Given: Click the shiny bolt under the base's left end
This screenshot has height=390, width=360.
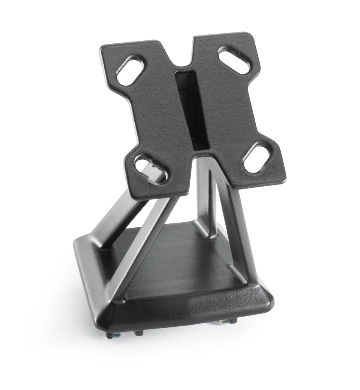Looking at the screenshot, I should pyautogui.click(x=111, y=334).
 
